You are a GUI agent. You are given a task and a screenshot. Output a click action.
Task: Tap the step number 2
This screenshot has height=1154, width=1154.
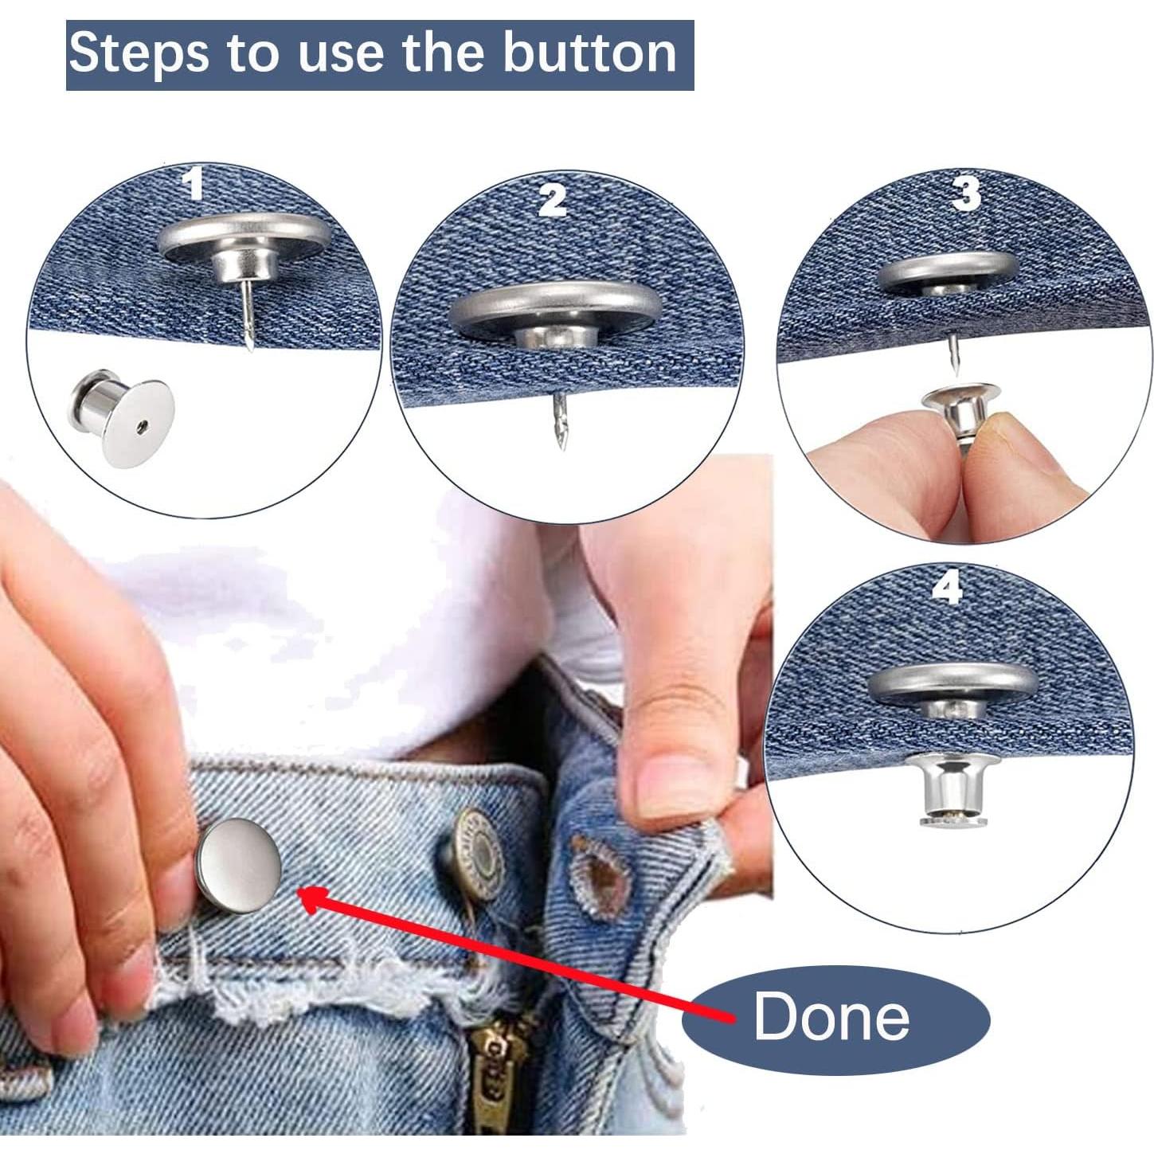pos(552,201)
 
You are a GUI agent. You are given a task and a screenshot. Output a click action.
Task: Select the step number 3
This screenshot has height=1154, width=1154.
pos(966,194)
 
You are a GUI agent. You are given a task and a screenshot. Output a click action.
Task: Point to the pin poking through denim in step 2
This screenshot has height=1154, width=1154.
pos(561,422)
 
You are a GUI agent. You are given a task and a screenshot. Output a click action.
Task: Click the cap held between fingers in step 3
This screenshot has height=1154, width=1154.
pos(961,406)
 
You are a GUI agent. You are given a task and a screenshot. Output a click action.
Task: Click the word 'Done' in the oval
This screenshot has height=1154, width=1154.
pos(831,1017)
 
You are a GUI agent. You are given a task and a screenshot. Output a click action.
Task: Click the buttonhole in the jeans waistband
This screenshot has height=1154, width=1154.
pos(600,873)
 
